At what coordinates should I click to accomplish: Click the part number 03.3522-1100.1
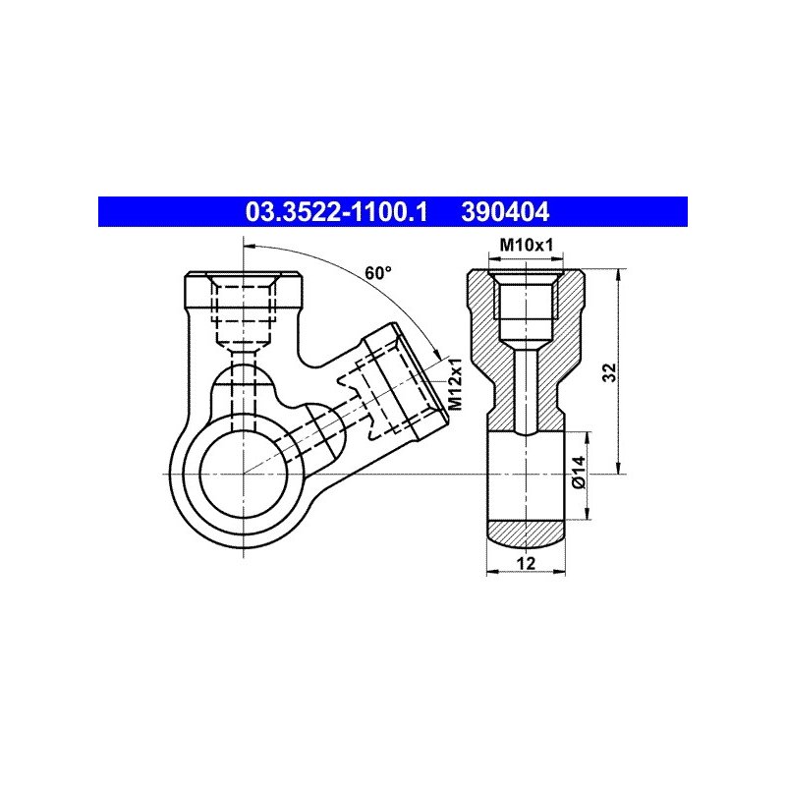336,212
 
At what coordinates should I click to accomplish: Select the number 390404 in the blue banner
505,212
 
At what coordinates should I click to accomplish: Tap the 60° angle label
378,273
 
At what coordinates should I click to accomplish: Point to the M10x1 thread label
527,245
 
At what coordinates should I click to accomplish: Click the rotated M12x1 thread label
455,384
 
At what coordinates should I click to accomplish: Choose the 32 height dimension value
609,372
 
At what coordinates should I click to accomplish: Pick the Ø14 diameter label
579,472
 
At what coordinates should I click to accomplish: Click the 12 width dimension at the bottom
526,563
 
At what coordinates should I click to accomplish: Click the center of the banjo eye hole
244,474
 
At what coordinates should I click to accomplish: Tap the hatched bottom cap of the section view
526,532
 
